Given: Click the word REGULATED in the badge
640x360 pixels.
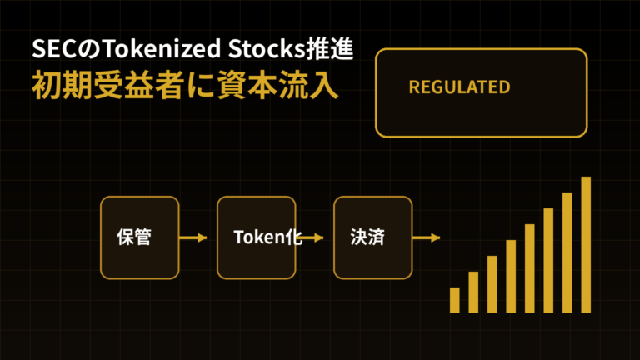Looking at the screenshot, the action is (460, 87).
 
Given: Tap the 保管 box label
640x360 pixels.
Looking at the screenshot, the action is (134, 237).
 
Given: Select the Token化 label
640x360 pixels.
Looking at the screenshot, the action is (267, 237).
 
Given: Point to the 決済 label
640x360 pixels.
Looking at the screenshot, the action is (367, 237).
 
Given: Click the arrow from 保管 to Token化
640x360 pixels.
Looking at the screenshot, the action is (193, 237).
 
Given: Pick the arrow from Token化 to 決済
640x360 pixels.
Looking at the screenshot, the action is (310, 237).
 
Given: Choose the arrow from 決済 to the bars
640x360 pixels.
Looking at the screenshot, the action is (426, 237).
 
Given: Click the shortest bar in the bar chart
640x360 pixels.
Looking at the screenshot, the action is (455, 300).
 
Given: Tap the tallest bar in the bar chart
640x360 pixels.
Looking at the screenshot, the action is (586, 245).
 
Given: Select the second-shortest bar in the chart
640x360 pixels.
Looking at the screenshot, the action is (473, 292).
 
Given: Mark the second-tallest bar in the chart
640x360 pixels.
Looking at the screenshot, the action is (567, 252).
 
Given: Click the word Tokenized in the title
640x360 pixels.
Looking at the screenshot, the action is (161, 49).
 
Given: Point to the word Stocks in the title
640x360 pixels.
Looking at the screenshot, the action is (267, 49).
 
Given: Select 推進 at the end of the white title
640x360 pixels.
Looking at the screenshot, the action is (329, 48).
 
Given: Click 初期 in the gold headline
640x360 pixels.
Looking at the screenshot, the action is (62, 86).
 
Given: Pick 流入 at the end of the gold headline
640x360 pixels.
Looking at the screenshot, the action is (308, 86).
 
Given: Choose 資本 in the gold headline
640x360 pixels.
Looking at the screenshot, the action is (247, 86).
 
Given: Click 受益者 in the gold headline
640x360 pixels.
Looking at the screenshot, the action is (139, 86).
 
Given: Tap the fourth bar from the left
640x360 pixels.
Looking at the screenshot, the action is (511, 277).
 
